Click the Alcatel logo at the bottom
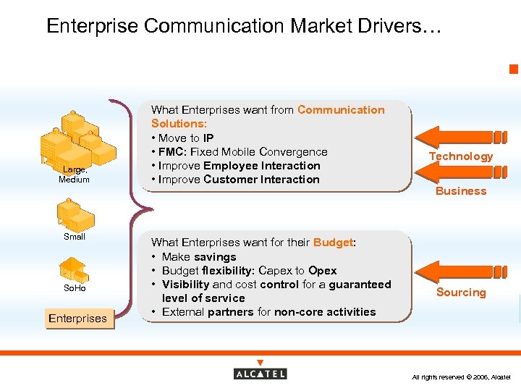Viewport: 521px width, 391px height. (260, 372)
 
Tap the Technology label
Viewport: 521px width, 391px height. (460, 156)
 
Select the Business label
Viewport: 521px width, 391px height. (461, 191)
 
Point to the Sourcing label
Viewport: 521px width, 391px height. (461, 293)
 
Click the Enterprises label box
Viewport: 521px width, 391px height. (77, 319)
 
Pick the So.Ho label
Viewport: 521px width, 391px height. (74, 288)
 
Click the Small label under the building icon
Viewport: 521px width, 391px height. (74, 237)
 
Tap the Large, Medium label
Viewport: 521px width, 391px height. (74, 175)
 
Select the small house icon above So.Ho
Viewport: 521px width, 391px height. (73, 269)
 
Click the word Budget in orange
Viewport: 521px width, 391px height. (332, 243)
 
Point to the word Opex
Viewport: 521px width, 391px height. (322, 271)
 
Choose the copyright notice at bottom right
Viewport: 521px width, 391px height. (461, 377)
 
